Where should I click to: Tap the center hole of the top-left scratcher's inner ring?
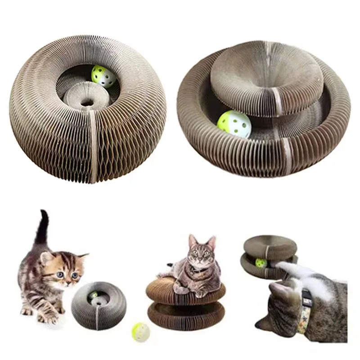pos(86,102)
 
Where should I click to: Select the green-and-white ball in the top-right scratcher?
pos(234,124)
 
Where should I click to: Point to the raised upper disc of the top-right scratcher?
pos(265,79)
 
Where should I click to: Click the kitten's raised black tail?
pos(42,227)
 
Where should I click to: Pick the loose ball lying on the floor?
pos(140,331)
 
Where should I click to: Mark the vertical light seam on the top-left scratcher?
pos(94,148)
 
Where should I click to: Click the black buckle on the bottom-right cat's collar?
pos(306,296)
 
